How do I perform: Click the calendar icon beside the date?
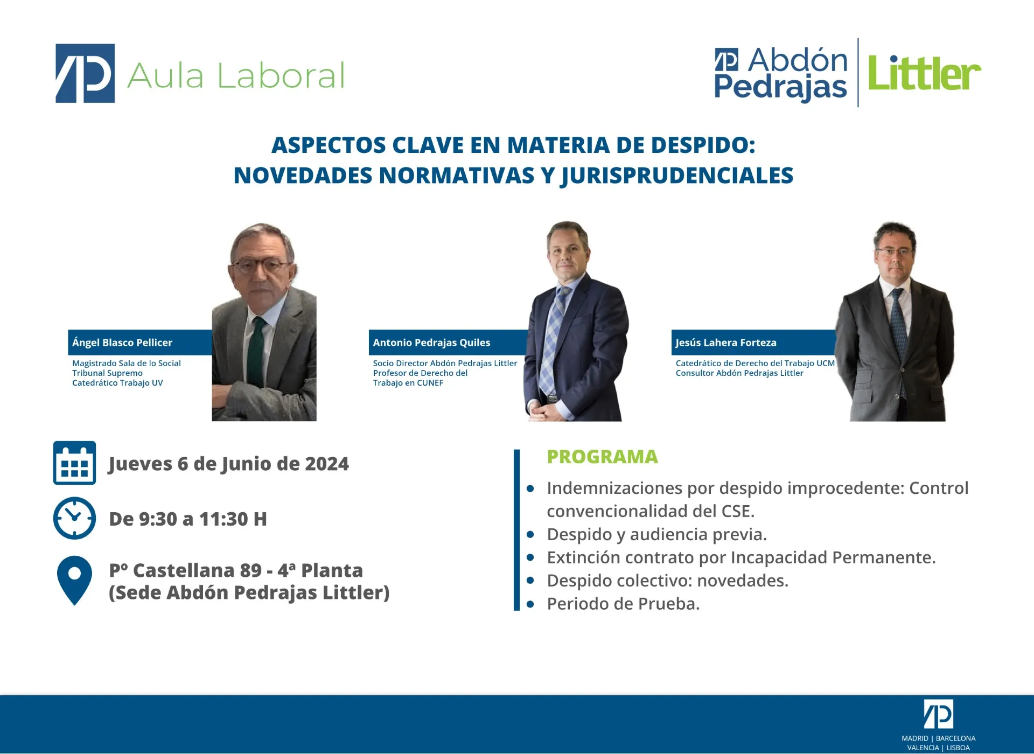74,463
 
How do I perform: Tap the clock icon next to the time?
74,518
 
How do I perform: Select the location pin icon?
74,581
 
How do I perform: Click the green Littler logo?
924,73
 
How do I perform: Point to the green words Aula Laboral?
236,75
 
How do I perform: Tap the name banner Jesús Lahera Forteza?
754,343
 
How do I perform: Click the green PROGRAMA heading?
602,457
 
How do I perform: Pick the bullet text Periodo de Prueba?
623,604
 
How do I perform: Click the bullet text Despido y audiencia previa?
656,534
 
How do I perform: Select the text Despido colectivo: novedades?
667,581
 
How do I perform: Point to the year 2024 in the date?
327,464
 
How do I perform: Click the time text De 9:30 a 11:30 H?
188,519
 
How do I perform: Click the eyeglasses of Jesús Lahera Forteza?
895,252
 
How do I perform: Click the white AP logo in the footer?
939,714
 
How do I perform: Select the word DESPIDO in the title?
703,145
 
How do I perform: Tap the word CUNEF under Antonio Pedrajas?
430,383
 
